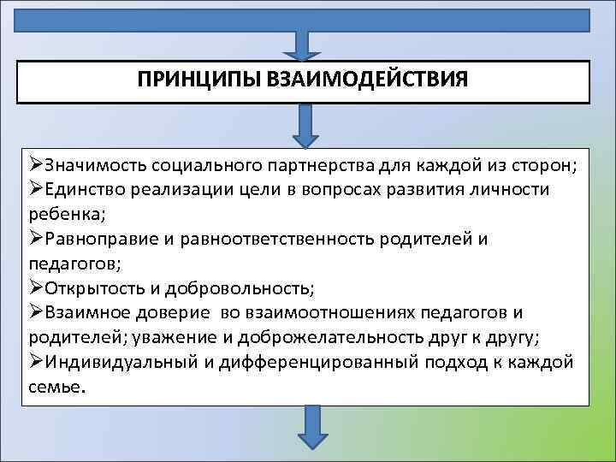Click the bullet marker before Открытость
[35, 287]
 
